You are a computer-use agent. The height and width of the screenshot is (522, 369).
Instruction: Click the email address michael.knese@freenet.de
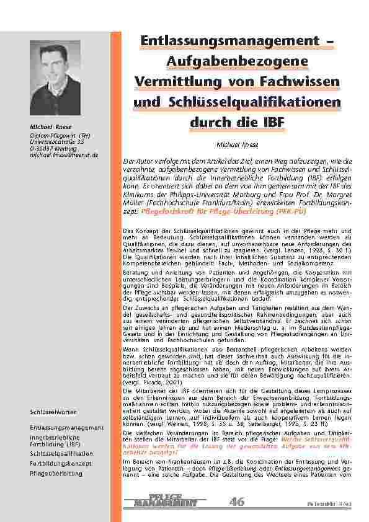64,154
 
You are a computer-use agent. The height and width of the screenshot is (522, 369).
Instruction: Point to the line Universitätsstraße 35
56,141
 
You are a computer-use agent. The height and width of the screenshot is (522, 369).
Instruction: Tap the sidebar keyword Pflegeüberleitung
56,473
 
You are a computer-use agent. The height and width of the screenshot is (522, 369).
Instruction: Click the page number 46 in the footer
237,502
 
